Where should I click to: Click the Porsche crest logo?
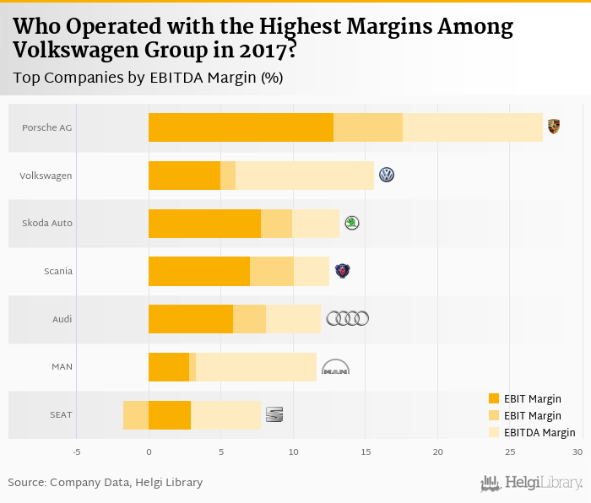pyautogui.click(x=553, y=127)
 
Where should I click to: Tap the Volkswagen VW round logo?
pyautogui.click(x=387, y=175)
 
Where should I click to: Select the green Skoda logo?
pyautogui.click(x=351, y=223)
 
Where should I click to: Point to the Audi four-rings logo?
pyautogui.click(x=347, y=318)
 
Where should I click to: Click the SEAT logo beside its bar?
pyautogui.click(x=274, y=414)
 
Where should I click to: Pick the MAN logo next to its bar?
pyautogui.click(x=335, y=367)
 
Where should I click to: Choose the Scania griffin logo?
pyautogui.click(x=342, y=271)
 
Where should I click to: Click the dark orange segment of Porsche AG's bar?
pyautogui.click(x=241, y=127)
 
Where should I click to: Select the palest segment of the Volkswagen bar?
pyautogui.click(x=304, y=175)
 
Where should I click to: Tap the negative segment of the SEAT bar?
pyautogui.click(x=136, y=414)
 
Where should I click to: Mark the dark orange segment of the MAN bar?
pyautogui.click(x=169, y=367)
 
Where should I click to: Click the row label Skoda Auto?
pyautogui.click(x=47, y=223)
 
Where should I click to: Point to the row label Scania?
pyautogui.click(x=58, y=271)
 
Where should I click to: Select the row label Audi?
pyautogui.click(x=62, y=319)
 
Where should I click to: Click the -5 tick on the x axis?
pyautogui.click(x=76, y=452)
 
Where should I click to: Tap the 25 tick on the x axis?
pyautogui.click(x=510, y=452)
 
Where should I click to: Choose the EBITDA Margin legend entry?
pyautogui.click(x=539, y=432)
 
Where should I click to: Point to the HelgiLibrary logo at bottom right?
pyautogui.click(x=531, y=483)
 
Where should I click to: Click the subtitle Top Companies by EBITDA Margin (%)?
pyautogui.click(x=148, y=78)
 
